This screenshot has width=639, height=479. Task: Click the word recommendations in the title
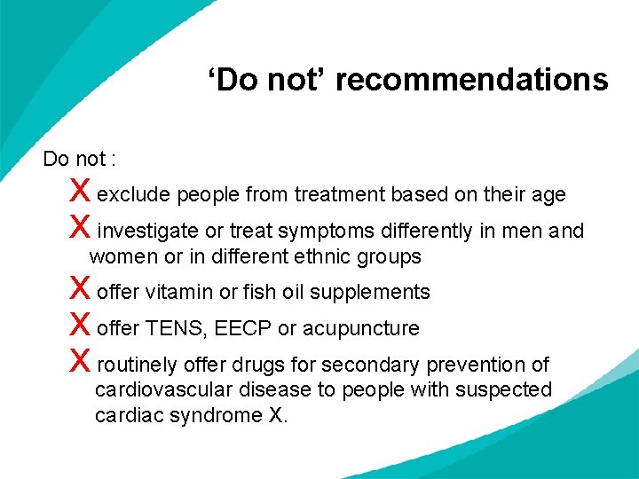[471, 80]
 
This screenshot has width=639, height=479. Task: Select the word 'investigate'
[148, 232]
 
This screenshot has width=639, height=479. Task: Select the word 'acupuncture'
[361, 329]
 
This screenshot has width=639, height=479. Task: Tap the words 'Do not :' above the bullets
[80, 159]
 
